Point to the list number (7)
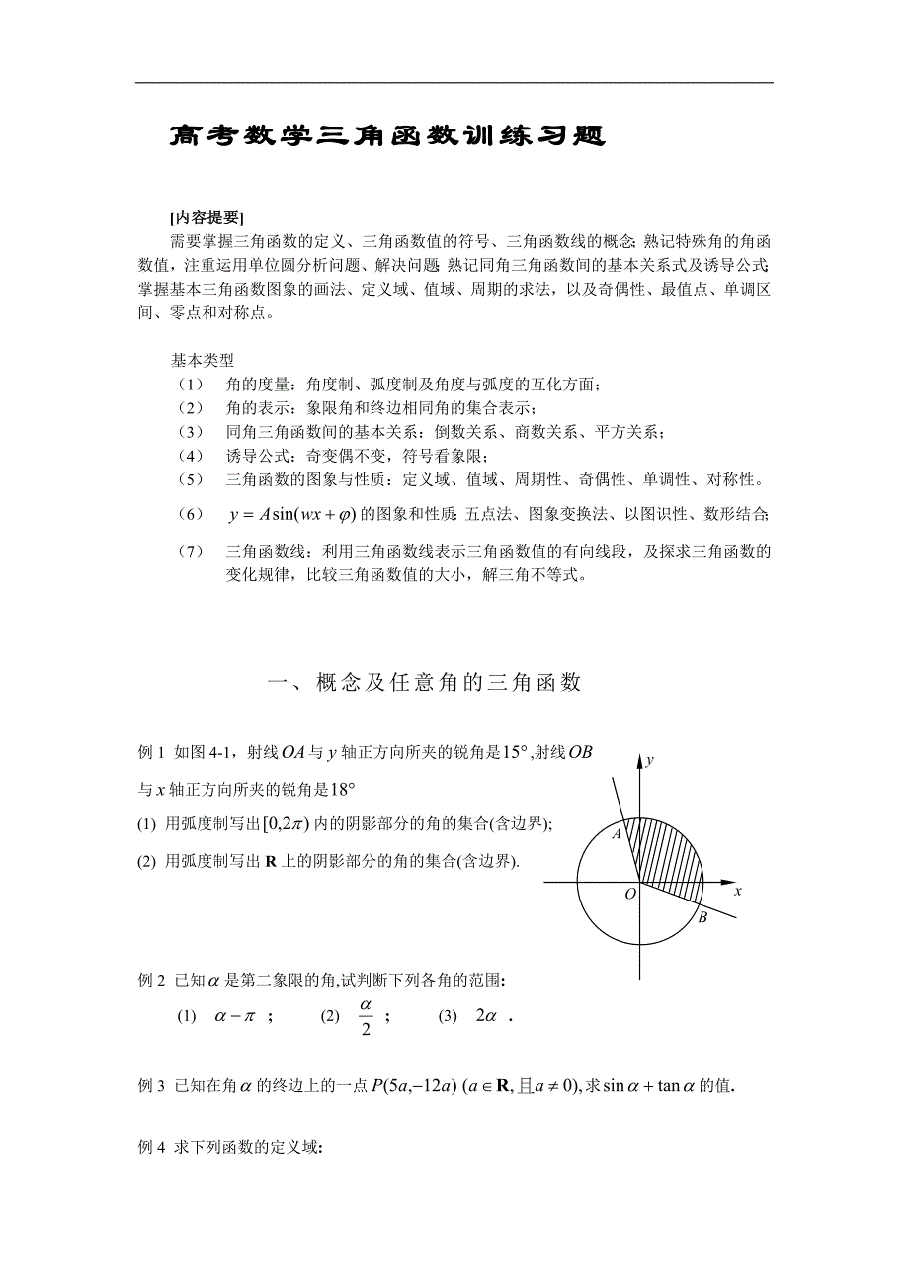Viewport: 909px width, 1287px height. [191, 551]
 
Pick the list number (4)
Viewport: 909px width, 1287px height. [191, 456]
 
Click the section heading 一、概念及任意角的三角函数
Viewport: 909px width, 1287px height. [425, 683]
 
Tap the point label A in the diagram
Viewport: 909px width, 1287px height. [616, 834]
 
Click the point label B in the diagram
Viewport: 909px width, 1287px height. [702, 918]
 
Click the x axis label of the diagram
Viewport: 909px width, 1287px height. [737, 891]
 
